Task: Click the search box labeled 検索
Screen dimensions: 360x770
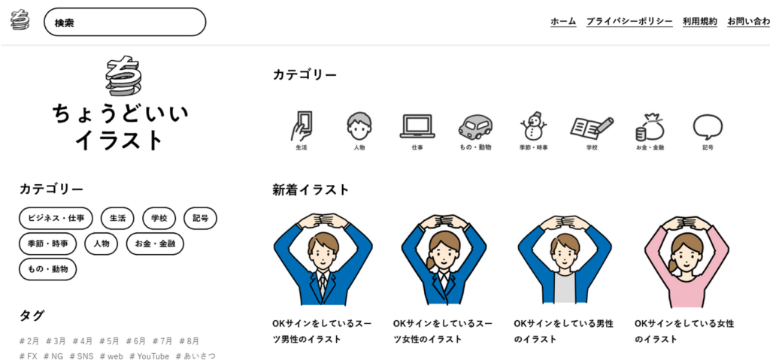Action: point(125,23)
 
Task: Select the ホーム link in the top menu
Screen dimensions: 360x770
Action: point(563,22)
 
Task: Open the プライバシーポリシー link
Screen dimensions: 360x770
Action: point(629,22)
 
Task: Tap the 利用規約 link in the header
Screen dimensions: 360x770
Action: point(700,22)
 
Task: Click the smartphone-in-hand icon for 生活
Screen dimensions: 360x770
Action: point(302,126)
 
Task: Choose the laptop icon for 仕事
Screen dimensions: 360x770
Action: point(417,126)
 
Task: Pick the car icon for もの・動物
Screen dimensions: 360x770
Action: point(474,126)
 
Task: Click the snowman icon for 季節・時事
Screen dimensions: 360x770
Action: point(533,126)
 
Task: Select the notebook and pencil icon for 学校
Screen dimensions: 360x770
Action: point(591,126)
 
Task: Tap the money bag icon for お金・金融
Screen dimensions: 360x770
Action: point(649,126)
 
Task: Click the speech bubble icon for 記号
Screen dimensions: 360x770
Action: point(708,126)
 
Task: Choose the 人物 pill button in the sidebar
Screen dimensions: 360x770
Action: point(102,244)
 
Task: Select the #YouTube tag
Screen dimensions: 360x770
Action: point(150,355)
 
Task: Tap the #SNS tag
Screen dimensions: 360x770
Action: point(82,355)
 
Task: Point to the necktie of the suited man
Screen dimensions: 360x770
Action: point(323,283)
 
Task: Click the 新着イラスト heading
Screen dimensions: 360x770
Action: point(311,190)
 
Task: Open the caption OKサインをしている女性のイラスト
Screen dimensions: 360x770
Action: point(684,331)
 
